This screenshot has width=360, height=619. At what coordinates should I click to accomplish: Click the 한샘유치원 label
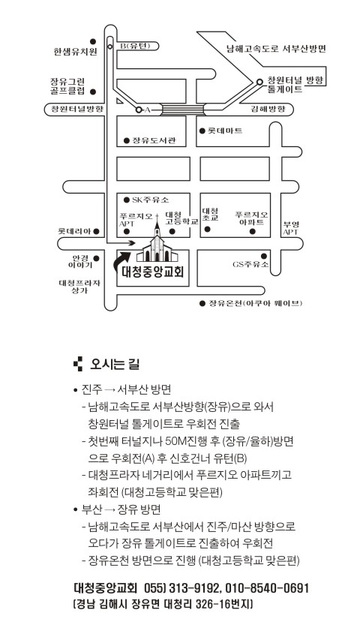pyautogui.click(x=76, y=51)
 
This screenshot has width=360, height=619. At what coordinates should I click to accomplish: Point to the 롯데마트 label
pyautogui.click(x=225, y=131)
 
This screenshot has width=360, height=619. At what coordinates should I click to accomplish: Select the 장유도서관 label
pyautogui.click(x=154, y=140)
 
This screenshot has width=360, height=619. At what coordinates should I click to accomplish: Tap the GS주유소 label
pyautogui.click(x=250, y=264)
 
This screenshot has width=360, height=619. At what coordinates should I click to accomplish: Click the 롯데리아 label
pyautogui.click(x=74, y=231)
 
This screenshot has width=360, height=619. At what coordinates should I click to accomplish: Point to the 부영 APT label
pyautogui.click(x=290, y=229)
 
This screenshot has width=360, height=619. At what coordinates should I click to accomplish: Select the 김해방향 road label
pyautogui.click(x=268, y=109)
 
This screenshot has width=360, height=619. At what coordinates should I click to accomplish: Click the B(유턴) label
pyautogui.click(x=136, y=47)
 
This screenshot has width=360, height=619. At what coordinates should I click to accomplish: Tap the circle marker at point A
pyautogui.click(x=139, y=110)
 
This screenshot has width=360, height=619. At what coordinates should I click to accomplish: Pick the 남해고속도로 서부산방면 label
pyautogui.click(x=276, y=49)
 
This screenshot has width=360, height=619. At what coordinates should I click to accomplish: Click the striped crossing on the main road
pyautogui.click(x=182, y=110)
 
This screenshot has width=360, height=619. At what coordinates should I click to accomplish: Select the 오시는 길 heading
pyautogui.click(x=115, y=364)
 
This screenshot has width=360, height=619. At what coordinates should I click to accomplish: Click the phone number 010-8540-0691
pyautogui.click(x=267, y=588)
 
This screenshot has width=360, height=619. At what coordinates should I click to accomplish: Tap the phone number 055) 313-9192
pyautogui.click(x=182, y=588)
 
